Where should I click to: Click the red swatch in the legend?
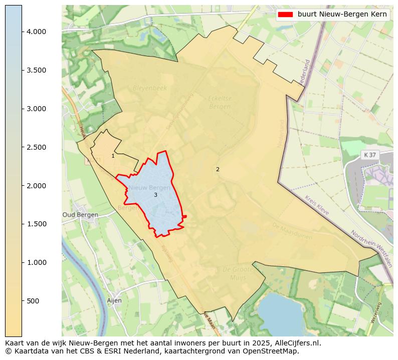(285, 15)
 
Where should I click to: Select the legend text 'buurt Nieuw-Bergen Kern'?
(342, 15)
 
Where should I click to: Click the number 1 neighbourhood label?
(113, 156)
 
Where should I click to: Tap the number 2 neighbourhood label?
(218, 169)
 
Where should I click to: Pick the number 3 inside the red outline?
(155, 195)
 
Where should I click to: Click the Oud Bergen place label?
(80, 215)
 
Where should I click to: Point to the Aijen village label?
(114, 300)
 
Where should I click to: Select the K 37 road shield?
(369, 155)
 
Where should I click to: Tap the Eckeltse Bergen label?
(220, 103)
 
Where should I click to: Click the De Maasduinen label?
(292, 231)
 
